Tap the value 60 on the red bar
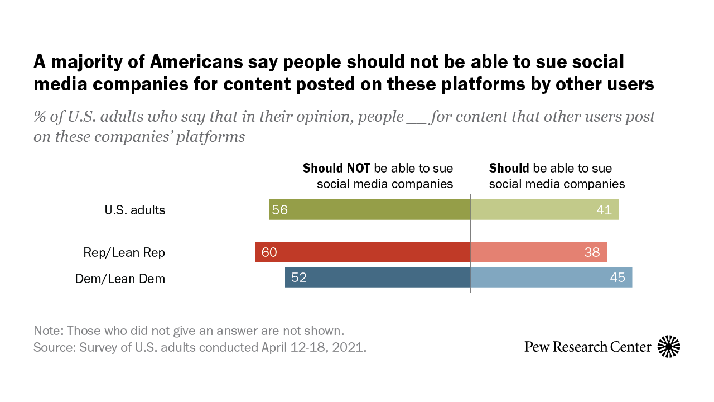click(269, 252)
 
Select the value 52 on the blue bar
click(299, 277)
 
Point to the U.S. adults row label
click(135, 210)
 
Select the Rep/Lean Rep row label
click(124, 252)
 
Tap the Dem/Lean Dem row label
click(120, 278)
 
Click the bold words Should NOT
click(336, 168)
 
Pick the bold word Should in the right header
click(509, 168)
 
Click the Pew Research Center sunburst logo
click(669, 347)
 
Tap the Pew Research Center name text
click(587, 347)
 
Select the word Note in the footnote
click(47, 329)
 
